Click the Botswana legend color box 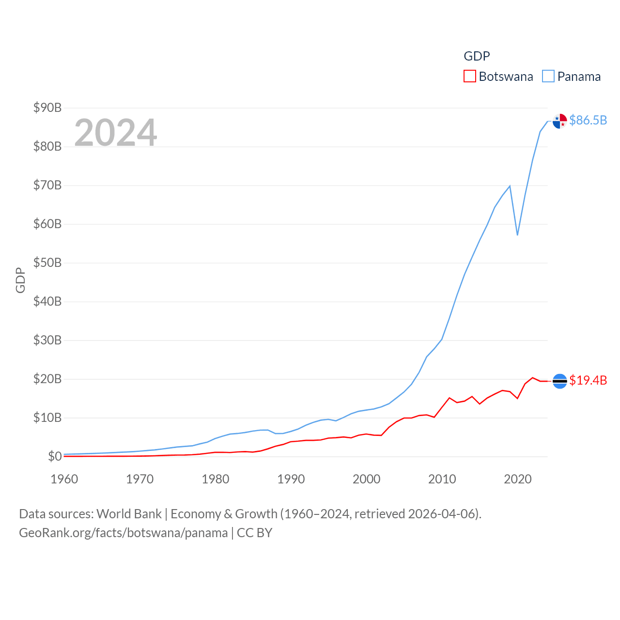click(470, 77)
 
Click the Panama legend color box click(548, 77)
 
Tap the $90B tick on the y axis click(47, 108)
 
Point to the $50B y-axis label click(47, 263)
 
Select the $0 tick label click(55, 456)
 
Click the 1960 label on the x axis click(64, 479)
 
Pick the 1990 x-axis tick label click(291, 479)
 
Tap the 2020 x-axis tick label click(518, 479)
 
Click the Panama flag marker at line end click(560, 121)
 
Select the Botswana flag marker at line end click(560, 381)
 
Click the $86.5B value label click(588, 120)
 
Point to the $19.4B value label click(588, 380)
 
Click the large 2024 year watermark click(116, 132)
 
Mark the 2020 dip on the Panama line click(517, 235)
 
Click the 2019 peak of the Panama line click(510, 186)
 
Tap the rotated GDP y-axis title click(20, 280)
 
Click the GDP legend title click(477, 56)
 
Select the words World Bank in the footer click(129, 513)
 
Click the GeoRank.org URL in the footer click(123, 533)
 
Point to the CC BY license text click(255, 533)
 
